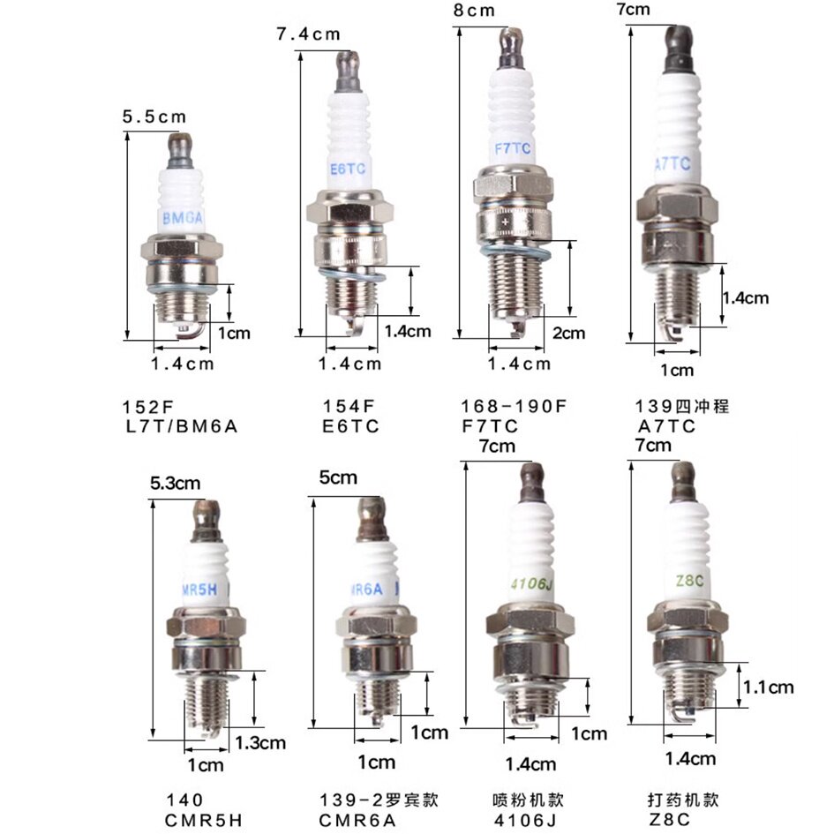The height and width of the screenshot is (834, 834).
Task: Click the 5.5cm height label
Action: coord(154,116)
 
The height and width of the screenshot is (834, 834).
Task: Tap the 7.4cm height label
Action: coord(308,34)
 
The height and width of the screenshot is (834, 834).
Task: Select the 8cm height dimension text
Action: coord(474,10)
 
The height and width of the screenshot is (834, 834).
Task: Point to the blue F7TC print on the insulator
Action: coord(512,148)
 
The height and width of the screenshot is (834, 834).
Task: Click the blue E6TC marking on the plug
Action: coord(348,169)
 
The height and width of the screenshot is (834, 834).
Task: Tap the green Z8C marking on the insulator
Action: coord(689,581)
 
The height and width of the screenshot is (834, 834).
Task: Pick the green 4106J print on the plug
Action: coord(531,584)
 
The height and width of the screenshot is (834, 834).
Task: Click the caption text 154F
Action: coord(349,406)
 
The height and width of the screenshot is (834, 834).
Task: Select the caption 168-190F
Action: coord(514,406)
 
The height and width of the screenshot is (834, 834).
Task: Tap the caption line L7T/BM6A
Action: coord(181,426)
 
